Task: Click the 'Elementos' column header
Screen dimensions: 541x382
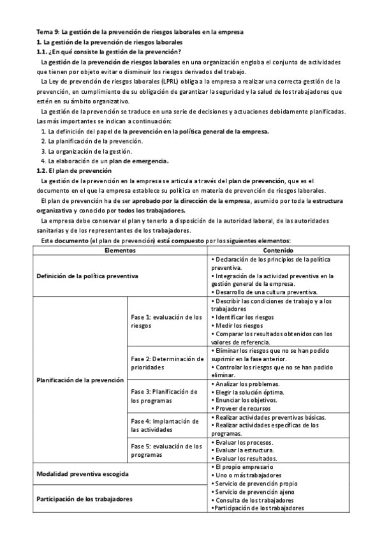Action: click(120, 251)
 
